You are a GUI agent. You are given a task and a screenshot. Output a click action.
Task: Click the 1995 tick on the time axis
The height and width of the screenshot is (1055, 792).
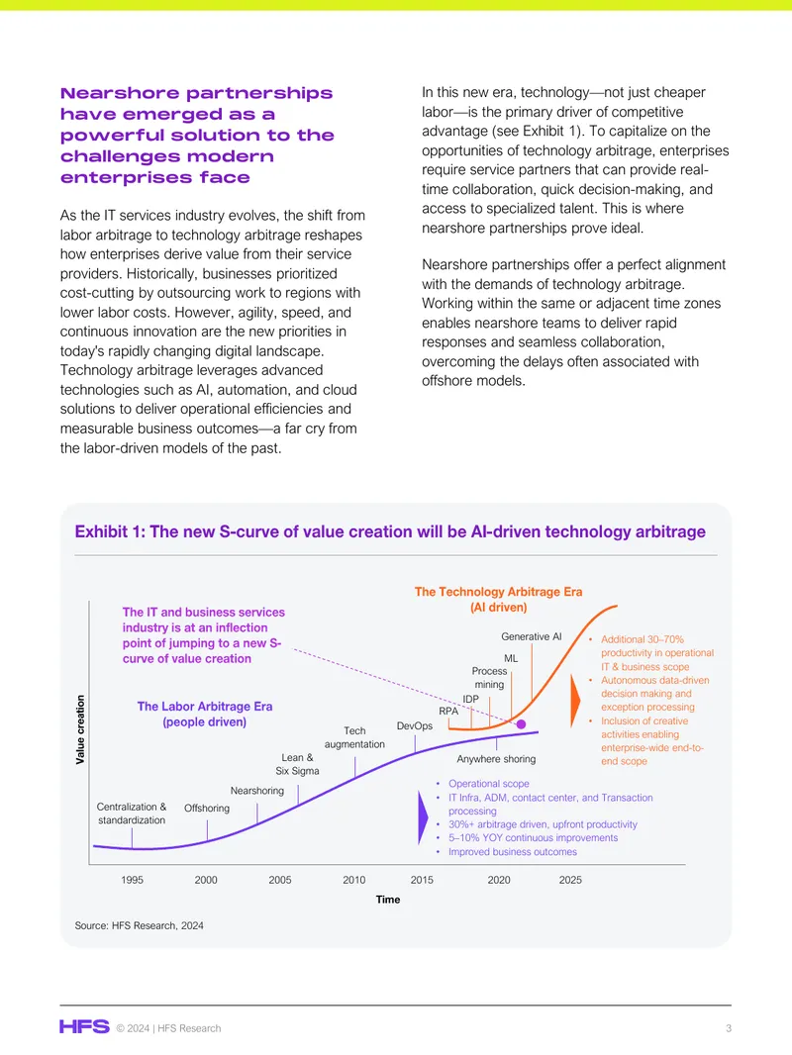point(132,880)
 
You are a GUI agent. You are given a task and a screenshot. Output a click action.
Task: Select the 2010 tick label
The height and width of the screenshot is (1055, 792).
point(354,880)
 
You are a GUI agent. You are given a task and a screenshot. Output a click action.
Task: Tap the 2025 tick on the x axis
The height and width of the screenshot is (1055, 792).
point(570,880)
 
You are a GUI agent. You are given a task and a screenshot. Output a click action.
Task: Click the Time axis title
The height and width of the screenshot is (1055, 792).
point(388,899)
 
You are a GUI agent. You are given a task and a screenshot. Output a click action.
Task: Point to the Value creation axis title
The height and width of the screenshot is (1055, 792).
point(80,729)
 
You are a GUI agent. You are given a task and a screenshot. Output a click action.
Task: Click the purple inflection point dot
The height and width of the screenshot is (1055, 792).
point(521,724)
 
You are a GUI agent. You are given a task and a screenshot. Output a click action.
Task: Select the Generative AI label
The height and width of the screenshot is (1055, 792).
point(531,636)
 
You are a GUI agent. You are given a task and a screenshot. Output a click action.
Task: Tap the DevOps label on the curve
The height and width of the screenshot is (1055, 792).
point(415,725)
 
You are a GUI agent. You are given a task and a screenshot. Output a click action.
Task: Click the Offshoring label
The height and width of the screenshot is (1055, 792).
point(207,808)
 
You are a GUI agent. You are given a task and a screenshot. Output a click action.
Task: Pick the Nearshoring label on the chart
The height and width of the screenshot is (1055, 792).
point(257,791)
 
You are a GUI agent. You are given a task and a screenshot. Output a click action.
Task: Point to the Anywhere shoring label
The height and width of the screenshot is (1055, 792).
point(497,759)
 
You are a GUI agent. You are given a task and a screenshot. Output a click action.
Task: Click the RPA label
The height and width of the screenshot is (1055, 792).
point(448,712)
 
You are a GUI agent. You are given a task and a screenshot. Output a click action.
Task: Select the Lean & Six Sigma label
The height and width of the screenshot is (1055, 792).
point(297,764)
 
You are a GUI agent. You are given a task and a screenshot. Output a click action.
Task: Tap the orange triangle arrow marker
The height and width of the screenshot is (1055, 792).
point(575,701)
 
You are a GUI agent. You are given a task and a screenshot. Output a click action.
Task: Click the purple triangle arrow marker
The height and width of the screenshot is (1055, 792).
point(423,817)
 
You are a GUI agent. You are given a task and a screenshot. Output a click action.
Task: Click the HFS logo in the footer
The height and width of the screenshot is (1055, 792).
point(84,1026)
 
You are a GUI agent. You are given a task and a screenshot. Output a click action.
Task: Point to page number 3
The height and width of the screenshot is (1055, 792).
point(729,1028)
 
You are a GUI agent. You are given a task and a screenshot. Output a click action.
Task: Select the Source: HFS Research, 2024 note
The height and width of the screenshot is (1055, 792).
point(140,925)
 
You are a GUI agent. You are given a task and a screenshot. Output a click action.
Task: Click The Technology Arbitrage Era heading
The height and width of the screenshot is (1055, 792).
point(499,592)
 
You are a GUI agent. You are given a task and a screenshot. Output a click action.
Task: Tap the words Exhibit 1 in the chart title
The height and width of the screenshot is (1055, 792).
point(110,531)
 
